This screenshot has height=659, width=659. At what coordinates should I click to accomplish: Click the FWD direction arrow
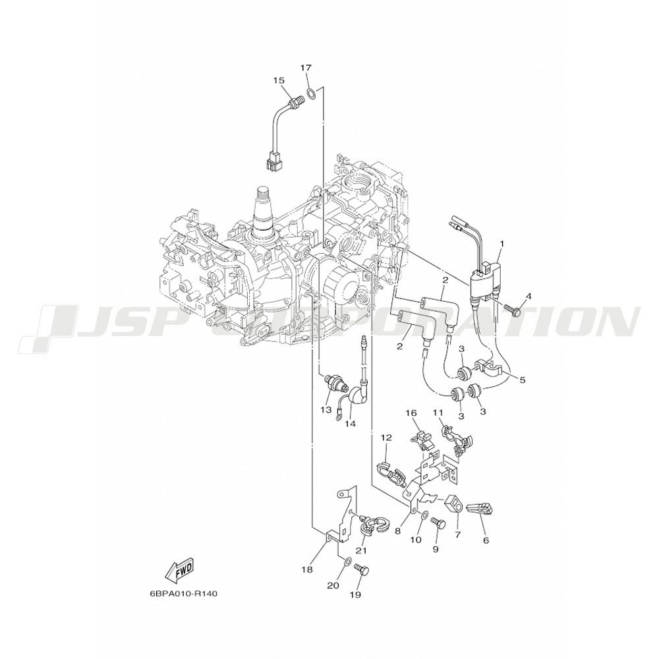179,571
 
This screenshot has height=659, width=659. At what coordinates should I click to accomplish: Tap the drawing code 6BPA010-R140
183,594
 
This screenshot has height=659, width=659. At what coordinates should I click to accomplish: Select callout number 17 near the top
306,68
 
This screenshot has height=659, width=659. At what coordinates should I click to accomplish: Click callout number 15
279,80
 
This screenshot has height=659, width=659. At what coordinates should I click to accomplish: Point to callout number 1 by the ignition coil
501,244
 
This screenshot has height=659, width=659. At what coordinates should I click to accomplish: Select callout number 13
325,409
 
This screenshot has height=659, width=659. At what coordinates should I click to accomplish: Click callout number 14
350,423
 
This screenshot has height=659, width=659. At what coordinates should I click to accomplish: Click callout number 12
386,437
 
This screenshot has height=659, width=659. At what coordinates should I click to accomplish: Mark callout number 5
523,380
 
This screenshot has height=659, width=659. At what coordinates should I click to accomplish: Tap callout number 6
486,540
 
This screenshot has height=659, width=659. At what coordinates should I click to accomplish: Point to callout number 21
361,550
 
